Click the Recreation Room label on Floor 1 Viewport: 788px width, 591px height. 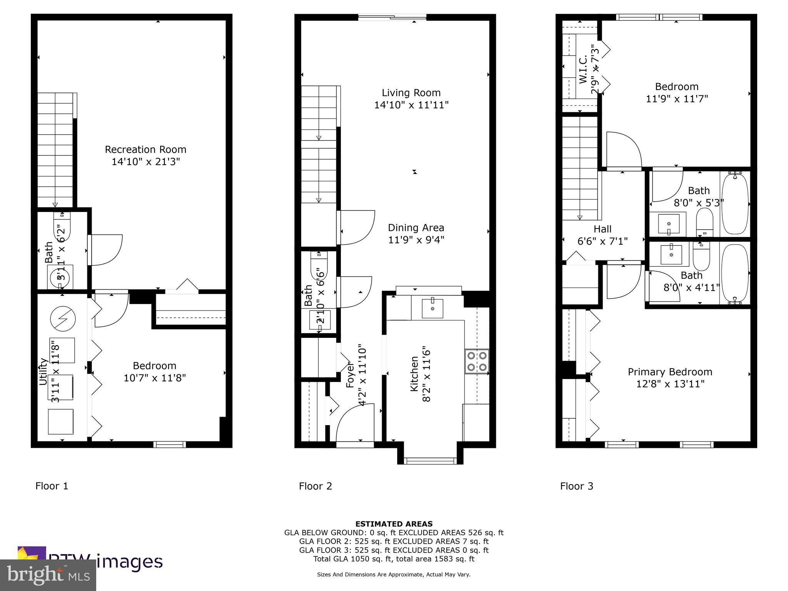(x=145, y=149)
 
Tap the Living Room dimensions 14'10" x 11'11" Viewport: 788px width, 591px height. (x=411, y=105)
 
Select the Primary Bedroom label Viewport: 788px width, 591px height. (x=670, y=372)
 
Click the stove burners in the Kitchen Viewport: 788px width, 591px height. (x=477, y=361)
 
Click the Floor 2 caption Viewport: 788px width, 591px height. (x=315, y=486)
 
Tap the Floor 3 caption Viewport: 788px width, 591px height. (x=576, y=486)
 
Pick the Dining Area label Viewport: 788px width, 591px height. (x=416, y=228)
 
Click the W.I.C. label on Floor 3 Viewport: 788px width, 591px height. (x=583, y=69)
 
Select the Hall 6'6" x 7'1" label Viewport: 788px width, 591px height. (x=602, y=235)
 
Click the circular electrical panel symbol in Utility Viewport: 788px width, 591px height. (x=63, y=319)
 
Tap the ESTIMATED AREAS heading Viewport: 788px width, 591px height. (x=394, y=524)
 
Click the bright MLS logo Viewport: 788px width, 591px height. (x=48, y=575)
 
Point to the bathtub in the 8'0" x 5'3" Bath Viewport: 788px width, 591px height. (x=735, y=203)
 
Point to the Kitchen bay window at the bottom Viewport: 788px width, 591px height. (x=430, y=461)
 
